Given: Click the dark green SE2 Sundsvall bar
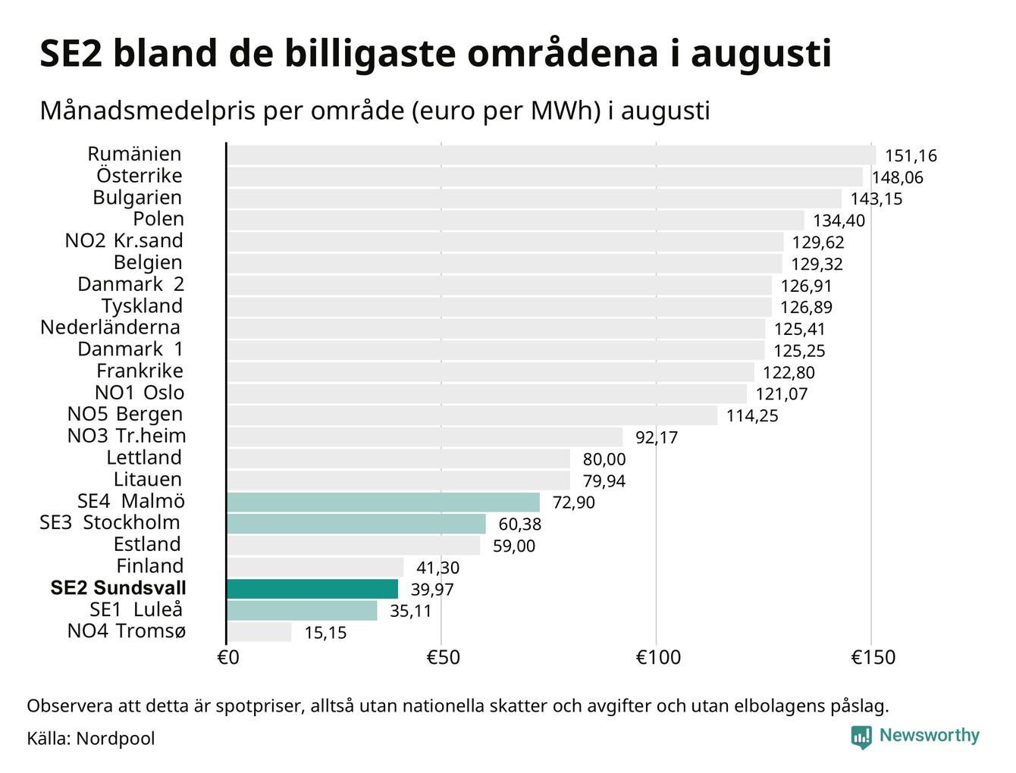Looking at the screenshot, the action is click(312, 589).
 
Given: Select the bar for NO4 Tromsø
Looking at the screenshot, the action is click(259, 632).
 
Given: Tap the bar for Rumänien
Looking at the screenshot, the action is click(551, 155).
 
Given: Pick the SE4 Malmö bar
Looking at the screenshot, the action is click(383, 502).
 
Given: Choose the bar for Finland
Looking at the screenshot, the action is click(315, 567).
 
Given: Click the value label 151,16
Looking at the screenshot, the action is click(911, 156).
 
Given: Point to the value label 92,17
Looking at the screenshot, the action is click(657, 437).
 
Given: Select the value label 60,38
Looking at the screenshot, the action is click(520, 524).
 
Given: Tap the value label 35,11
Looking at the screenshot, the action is click(410, 611).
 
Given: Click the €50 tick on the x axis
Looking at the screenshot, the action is click(443, 657).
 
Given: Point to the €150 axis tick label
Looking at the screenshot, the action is click(873, 657).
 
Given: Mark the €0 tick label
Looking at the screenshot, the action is click(228, 657).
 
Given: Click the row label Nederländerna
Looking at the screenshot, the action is click(110, 327).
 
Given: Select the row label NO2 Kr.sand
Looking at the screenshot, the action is click(124, 240).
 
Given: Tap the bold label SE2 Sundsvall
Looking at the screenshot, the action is click(118, 588).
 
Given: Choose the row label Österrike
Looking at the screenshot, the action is click(140, 175).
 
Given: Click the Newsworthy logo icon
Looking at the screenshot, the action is click(861, 737).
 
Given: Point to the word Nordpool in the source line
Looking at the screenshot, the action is click(115, 739).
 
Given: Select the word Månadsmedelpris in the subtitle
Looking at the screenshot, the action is click(148, 111).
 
